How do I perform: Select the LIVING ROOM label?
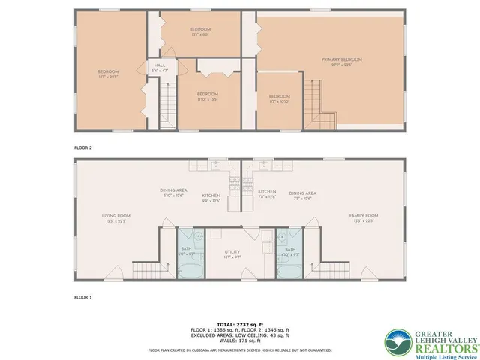point(116,218)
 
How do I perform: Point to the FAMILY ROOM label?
point(363,218)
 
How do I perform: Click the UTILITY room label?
point(232,253)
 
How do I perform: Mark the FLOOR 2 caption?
point(82,148)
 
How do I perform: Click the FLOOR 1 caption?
point(82,297)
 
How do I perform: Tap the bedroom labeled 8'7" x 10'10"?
point(280,98)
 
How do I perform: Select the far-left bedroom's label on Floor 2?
point(108,74)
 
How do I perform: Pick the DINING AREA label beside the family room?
point(302,195)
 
